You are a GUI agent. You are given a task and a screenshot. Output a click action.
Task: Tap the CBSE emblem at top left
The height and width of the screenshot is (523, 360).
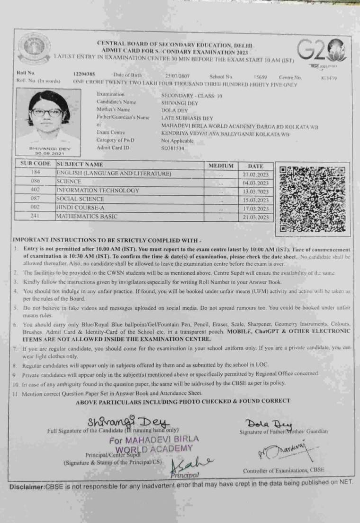(x=34, y=49)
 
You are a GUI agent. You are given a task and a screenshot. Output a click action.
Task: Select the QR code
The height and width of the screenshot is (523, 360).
(x=314, y=198)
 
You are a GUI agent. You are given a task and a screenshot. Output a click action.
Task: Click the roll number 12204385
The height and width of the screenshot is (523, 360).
(x=84, y=74)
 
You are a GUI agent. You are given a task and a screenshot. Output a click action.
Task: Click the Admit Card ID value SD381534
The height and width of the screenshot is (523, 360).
(x=172, y=148)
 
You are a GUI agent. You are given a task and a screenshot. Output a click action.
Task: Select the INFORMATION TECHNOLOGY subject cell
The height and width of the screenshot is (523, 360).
(x=98, y=190)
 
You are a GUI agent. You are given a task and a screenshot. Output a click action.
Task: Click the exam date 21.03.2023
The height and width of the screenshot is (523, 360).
(x=256, y=217)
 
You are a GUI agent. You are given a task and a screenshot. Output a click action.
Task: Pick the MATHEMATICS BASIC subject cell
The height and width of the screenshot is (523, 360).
(x=87, y=216)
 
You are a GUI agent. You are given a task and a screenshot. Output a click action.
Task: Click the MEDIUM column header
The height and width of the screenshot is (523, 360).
(x=221, y=166)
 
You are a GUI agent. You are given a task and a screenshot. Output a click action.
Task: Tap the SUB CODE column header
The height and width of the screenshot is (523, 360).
(x=36, y=164)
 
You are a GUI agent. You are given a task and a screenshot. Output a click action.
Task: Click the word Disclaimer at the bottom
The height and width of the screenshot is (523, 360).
(x=26, y=487)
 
